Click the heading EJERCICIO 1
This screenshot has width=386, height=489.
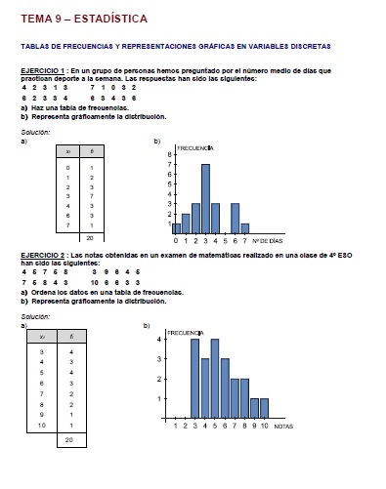pyautogui.click(x=43, y=70)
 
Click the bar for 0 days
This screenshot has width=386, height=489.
pyautogui.click(x=177, y=228)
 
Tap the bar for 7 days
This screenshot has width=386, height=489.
pyautogui.click(x=244, y=228)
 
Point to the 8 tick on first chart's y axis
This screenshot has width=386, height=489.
pyautogui.click(x=168, y=153)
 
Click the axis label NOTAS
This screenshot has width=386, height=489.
pyautogui.click(x=284, y=427)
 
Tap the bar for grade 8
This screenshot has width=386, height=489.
pyautogui.click(x=244, y=399)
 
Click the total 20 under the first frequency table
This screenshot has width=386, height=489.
pyautogui.click(x=89, y=237)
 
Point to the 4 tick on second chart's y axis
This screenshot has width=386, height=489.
pyautogui.click(x=160, y=340)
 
